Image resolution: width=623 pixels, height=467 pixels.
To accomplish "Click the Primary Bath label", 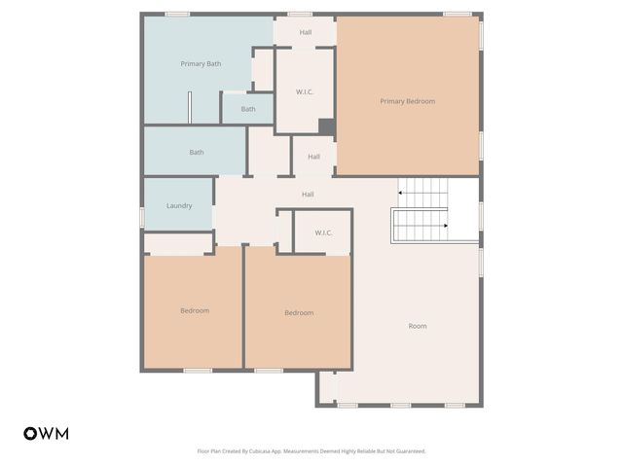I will pyautogui.click(x=201, y=64).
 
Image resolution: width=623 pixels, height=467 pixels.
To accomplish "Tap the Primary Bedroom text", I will pyautogui.click(x=407, y=101).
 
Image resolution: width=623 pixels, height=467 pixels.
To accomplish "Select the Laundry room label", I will pyautogui.click(x=179, y=206).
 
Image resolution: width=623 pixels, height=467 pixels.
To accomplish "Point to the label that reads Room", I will pyautogui.click(x=417, y=326).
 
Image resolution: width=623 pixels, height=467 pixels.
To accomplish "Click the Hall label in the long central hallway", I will pyautogui.click(x=308, y=195).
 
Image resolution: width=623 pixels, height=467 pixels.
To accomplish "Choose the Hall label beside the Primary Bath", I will pyautogui.click(x=306, y=32).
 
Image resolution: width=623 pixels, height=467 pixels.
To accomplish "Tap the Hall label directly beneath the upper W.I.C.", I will pyautogui.click(x=313, y=157).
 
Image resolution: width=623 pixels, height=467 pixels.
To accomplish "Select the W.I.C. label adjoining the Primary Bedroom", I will pyautogui.click(x=305, y=92).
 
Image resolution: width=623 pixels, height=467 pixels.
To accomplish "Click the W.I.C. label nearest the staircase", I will pyautogui.click(x=324, y=233).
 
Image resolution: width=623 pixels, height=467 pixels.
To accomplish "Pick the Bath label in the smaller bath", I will pyautogui.click(x=248, y=109).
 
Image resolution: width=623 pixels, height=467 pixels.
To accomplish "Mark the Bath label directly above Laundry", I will pyautogui.click(x=197, y=152).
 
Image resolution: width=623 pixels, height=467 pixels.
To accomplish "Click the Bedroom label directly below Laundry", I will pyautogui.click(x=195, y=310).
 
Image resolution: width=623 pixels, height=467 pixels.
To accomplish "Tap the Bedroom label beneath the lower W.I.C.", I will pyautogui.click(x=299, y=312).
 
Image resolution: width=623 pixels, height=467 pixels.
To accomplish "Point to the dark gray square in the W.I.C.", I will pyautogui.click(x=327, y=126).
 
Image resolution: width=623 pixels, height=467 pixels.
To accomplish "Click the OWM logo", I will pyautogui.click(x=46, y=434).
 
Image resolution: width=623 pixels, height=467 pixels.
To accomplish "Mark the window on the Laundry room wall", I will pyautogui.click(x=143, y=215).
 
